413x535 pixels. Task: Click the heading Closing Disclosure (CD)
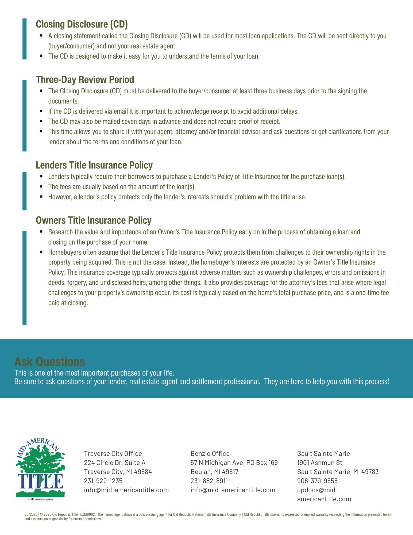[82, 24]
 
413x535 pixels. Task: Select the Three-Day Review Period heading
[85, 79]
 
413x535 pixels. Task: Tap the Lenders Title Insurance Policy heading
[94, 165]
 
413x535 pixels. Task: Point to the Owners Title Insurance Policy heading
[94, 220]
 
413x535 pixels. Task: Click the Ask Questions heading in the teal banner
[49, 361]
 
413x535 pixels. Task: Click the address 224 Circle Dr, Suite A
[115, 463]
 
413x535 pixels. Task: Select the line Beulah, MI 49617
[214, 472]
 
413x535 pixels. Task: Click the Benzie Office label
[210, 453]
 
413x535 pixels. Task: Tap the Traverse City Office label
[113, 453]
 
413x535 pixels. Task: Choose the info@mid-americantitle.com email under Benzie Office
[233, 490]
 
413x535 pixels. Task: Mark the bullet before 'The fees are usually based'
[41, 186]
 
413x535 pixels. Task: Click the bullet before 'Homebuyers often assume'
[41, 252]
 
